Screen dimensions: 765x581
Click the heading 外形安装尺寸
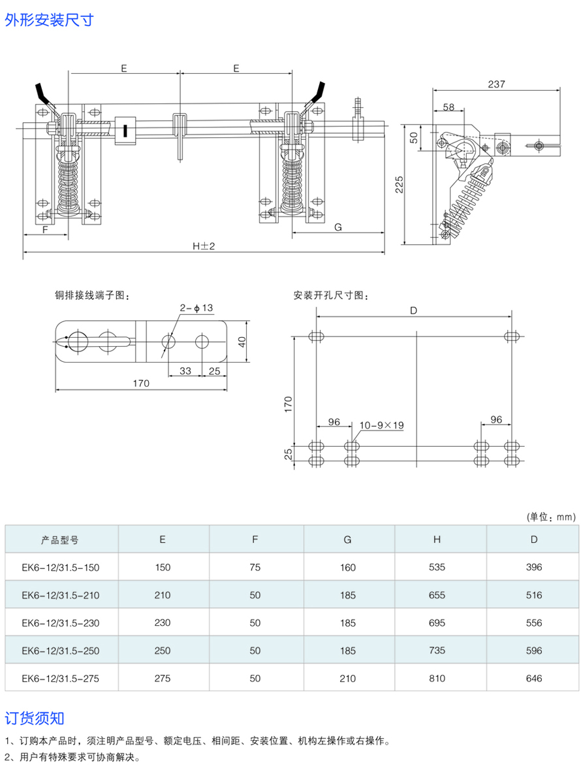[49, 20]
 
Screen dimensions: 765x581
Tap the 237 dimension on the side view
[497, 84]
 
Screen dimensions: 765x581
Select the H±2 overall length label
[204, 246]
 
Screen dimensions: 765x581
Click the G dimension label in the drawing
[338, 227]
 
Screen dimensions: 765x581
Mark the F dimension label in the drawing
[46, 230]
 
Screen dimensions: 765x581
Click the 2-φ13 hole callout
[196, 308]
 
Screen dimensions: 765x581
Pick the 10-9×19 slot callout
[382, 425]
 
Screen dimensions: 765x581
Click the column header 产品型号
[60, 540]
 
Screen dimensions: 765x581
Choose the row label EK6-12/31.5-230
[60, 623]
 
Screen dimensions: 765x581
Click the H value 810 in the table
[437, 679]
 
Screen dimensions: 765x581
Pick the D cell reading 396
[533, 568]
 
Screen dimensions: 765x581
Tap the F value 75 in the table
[255, 568]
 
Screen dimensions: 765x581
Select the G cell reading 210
[347, 679]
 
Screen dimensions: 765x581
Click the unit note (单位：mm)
[551, 517]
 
